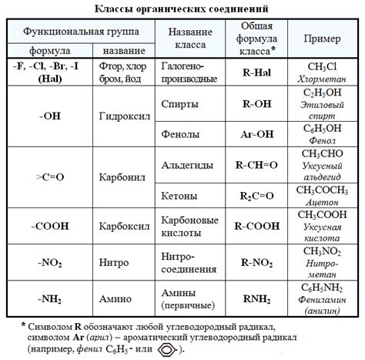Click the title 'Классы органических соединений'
pyautogui.click(x=182, y=8)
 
